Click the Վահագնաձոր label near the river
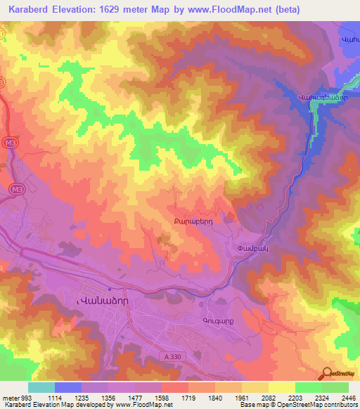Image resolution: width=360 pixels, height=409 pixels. (320, 97)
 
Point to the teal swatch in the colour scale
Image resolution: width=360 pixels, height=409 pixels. (41, 387)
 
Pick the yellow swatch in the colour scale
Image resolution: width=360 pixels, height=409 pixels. (281, 387)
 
